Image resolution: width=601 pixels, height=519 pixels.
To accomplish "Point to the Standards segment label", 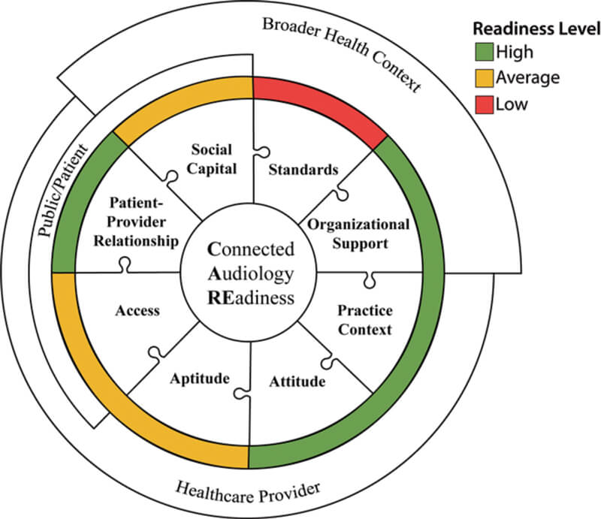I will pyautogui.click(x=304, y=170).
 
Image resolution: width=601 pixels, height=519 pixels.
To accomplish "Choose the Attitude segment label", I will pyautogui.click(x=297, y=381).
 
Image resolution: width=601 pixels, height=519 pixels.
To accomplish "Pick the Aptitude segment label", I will pyautogui.click(x=199, y=378).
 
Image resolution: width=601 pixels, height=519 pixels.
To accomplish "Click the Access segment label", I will pyautogui.click(x=137, y=310).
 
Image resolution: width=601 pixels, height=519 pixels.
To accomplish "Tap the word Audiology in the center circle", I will pyautogui.click(x=252, y=273).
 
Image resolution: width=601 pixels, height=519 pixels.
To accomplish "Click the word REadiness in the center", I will pyautogui.click(x=252, y=297).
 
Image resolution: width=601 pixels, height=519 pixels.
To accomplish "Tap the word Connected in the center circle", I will pyautogui.click(x=252, y=249).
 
